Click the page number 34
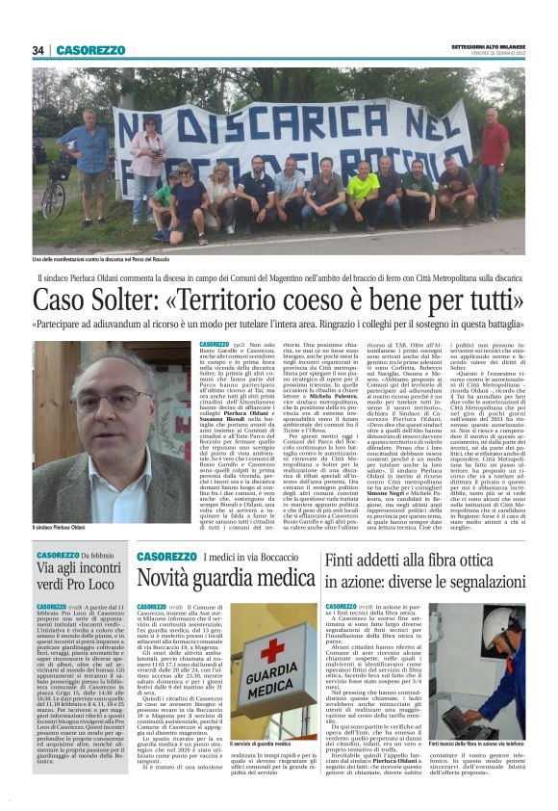[x=38, y=50]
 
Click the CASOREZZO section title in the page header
[x=90, y=50]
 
